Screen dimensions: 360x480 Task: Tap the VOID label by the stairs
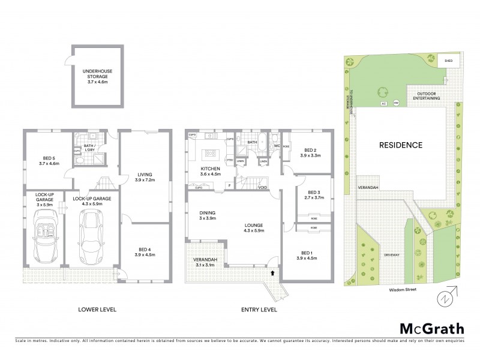[x=263, y=187]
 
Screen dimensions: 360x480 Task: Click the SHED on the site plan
[x=448, y=61]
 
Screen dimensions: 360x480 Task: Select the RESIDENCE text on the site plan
[x=400, y=145]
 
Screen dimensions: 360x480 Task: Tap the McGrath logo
[x=432, y=328]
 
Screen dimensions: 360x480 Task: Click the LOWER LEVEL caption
[x=97, y=310]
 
